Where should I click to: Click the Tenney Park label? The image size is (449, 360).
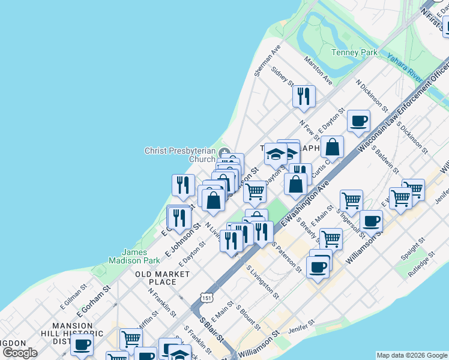tap(355, 52)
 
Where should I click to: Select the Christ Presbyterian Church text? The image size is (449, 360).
tap(179, 155)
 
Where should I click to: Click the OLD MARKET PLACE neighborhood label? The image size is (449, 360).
tap(163, 278)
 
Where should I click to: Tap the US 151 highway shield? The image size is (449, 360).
tap(206, 298)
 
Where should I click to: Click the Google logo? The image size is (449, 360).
tap(20, 352)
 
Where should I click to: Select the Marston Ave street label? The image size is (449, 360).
tap(318, 70)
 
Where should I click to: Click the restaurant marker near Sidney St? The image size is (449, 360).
tap(304, 96)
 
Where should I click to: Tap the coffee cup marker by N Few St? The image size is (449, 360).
tap(359, 121)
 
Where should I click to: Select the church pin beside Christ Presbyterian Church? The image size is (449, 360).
tap(224, 151)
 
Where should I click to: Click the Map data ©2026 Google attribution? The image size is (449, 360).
tap(412, 355)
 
